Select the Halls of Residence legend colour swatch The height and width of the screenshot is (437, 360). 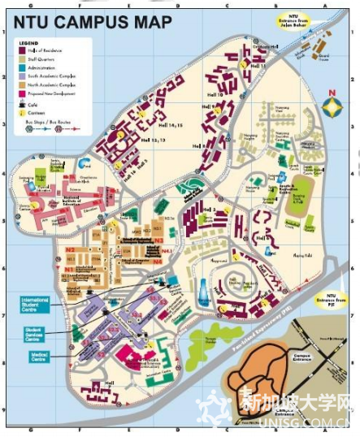(x=24, y=50)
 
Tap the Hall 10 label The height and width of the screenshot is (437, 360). (x=215, y=94)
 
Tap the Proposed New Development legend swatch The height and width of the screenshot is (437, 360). (x=24, y=93)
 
